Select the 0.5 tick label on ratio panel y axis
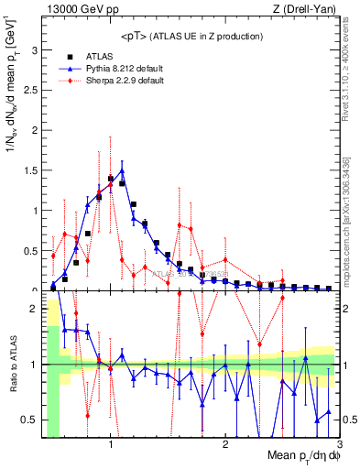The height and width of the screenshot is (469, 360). click(32, 420)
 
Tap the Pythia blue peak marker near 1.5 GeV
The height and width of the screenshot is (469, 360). click(122, 170)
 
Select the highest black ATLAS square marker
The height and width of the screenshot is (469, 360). click(111, 179)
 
